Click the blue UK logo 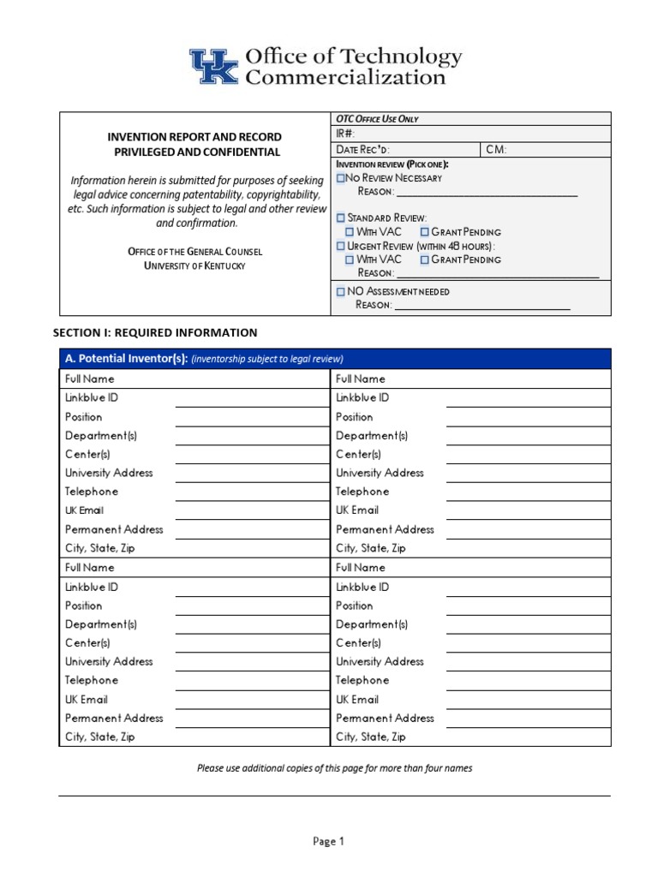tap(214, 66)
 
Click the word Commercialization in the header tap(345, 78)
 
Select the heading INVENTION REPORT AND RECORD tap(194, 137)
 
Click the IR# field tap(471, 134)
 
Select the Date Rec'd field tap(406, 149)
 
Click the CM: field tap(546, 149)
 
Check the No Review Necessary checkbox tap(340, 178)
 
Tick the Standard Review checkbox tap(340, 218)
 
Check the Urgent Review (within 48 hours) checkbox tap(340, 246)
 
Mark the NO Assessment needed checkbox tap(340, 291)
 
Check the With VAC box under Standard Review tap(350, 232)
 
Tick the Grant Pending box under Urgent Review tap(425, 260)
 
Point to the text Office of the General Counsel tap(194, 252)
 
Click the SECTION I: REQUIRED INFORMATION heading tap(155, 332)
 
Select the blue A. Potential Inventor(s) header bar tap(335, 359)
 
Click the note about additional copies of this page tap(334, 768)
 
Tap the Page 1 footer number tap(328, 841)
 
